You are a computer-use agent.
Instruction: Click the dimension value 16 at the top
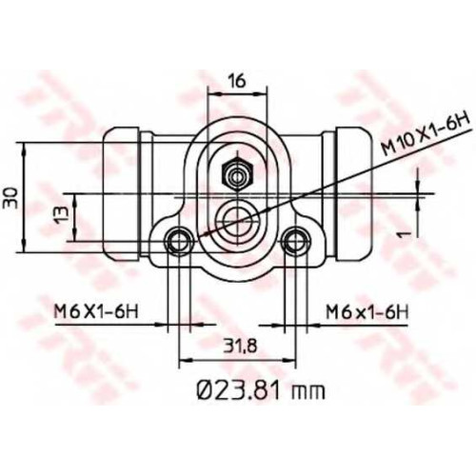click(x=237, y=82)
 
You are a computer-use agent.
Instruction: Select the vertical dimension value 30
click(x=10, y=197)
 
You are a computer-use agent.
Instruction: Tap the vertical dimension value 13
click(x=62, y=214)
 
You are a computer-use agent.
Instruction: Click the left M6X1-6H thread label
click(x=96, y=313)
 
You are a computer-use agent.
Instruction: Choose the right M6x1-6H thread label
click(x=367, y=313)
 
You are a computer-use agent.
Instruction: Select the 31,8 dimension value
click(x=239, y=346)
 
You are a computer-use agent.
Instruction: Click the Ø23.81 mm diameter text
click(x=261, y=390)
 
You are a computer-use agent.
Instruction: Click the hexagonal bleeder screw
click(x=237, y=175)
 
